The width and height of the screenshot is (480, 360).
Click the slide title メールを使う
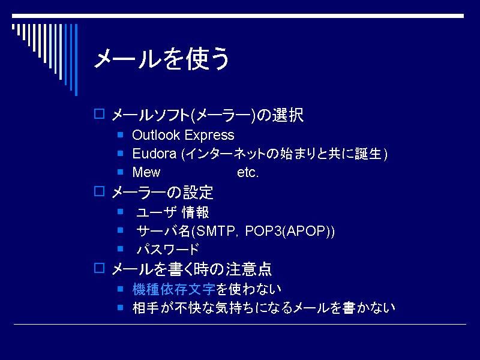(161, 58)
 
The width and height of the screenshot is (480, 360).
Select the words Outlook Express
(183, 135)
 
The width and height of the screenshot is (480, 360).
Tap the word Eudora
(154, 154)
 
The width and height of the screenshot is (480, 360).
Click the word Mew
(146, 172)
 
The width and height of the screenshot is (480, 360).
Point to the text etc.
(248, 172)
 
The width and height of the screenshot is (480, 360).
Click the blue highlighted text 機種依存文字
(174, 289)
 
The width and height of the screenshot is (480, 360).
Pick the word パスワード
(168, 249)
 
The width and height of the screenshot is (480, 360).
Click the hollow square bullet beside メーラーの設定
(99, 191)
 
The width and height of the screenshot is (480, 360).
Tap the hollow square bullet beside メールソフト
(99, 113)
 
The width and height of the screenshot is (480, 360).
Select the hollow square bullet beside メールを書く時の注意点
(99, 268)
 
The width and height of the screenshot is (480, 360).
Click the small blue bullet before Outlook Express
(121, 134)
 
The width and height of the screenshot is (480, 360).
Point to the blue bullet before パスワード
(121, 248)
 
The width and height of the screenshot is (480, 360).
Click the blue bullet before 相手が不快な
(121, 307)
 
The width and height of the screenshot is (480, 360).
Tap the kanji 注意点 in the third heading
(248, 269)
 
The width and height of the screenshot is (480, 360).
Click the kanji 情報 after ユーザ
(196, 212)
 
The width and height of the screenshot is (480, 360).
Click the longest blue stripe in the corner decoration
(76, 59)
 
